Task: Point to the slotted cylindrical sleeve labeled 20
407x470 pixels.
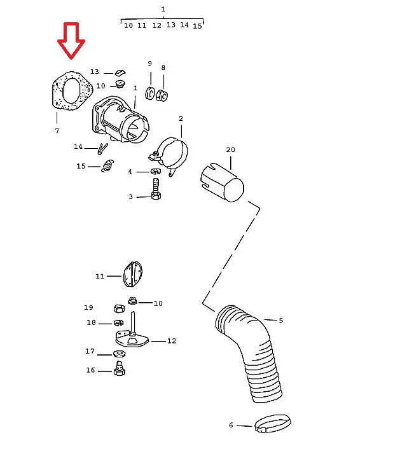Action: pos(222,183)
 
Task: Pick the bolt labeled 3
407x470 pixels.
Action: pos(156,189)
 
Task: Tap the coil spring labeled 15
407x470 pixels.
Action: pos(107,165)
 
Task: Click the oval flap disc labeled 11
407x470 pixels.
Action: pos(132,275)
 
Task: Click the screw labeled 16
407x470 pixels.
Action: pos(120,369)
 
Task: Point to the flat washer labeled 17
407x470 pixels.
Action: pos(120,354)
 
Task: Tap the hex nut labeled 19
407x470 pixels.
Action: pos(120,308)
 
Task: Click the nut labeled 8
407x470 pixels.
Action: pos(162,95)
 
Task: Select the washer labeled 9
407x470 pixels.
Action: pos(150,93)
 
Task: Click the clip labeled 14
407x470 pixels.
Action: pos(102,149)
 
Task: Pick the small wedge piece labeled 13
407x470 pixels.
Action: pos(120,73)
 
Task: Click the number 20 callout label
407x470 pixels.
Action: pos(230,149)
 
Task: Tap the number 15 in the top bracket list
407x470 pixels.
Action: pos(197,26)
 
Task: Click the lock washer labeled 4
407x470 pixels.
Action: pos(156,172)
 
